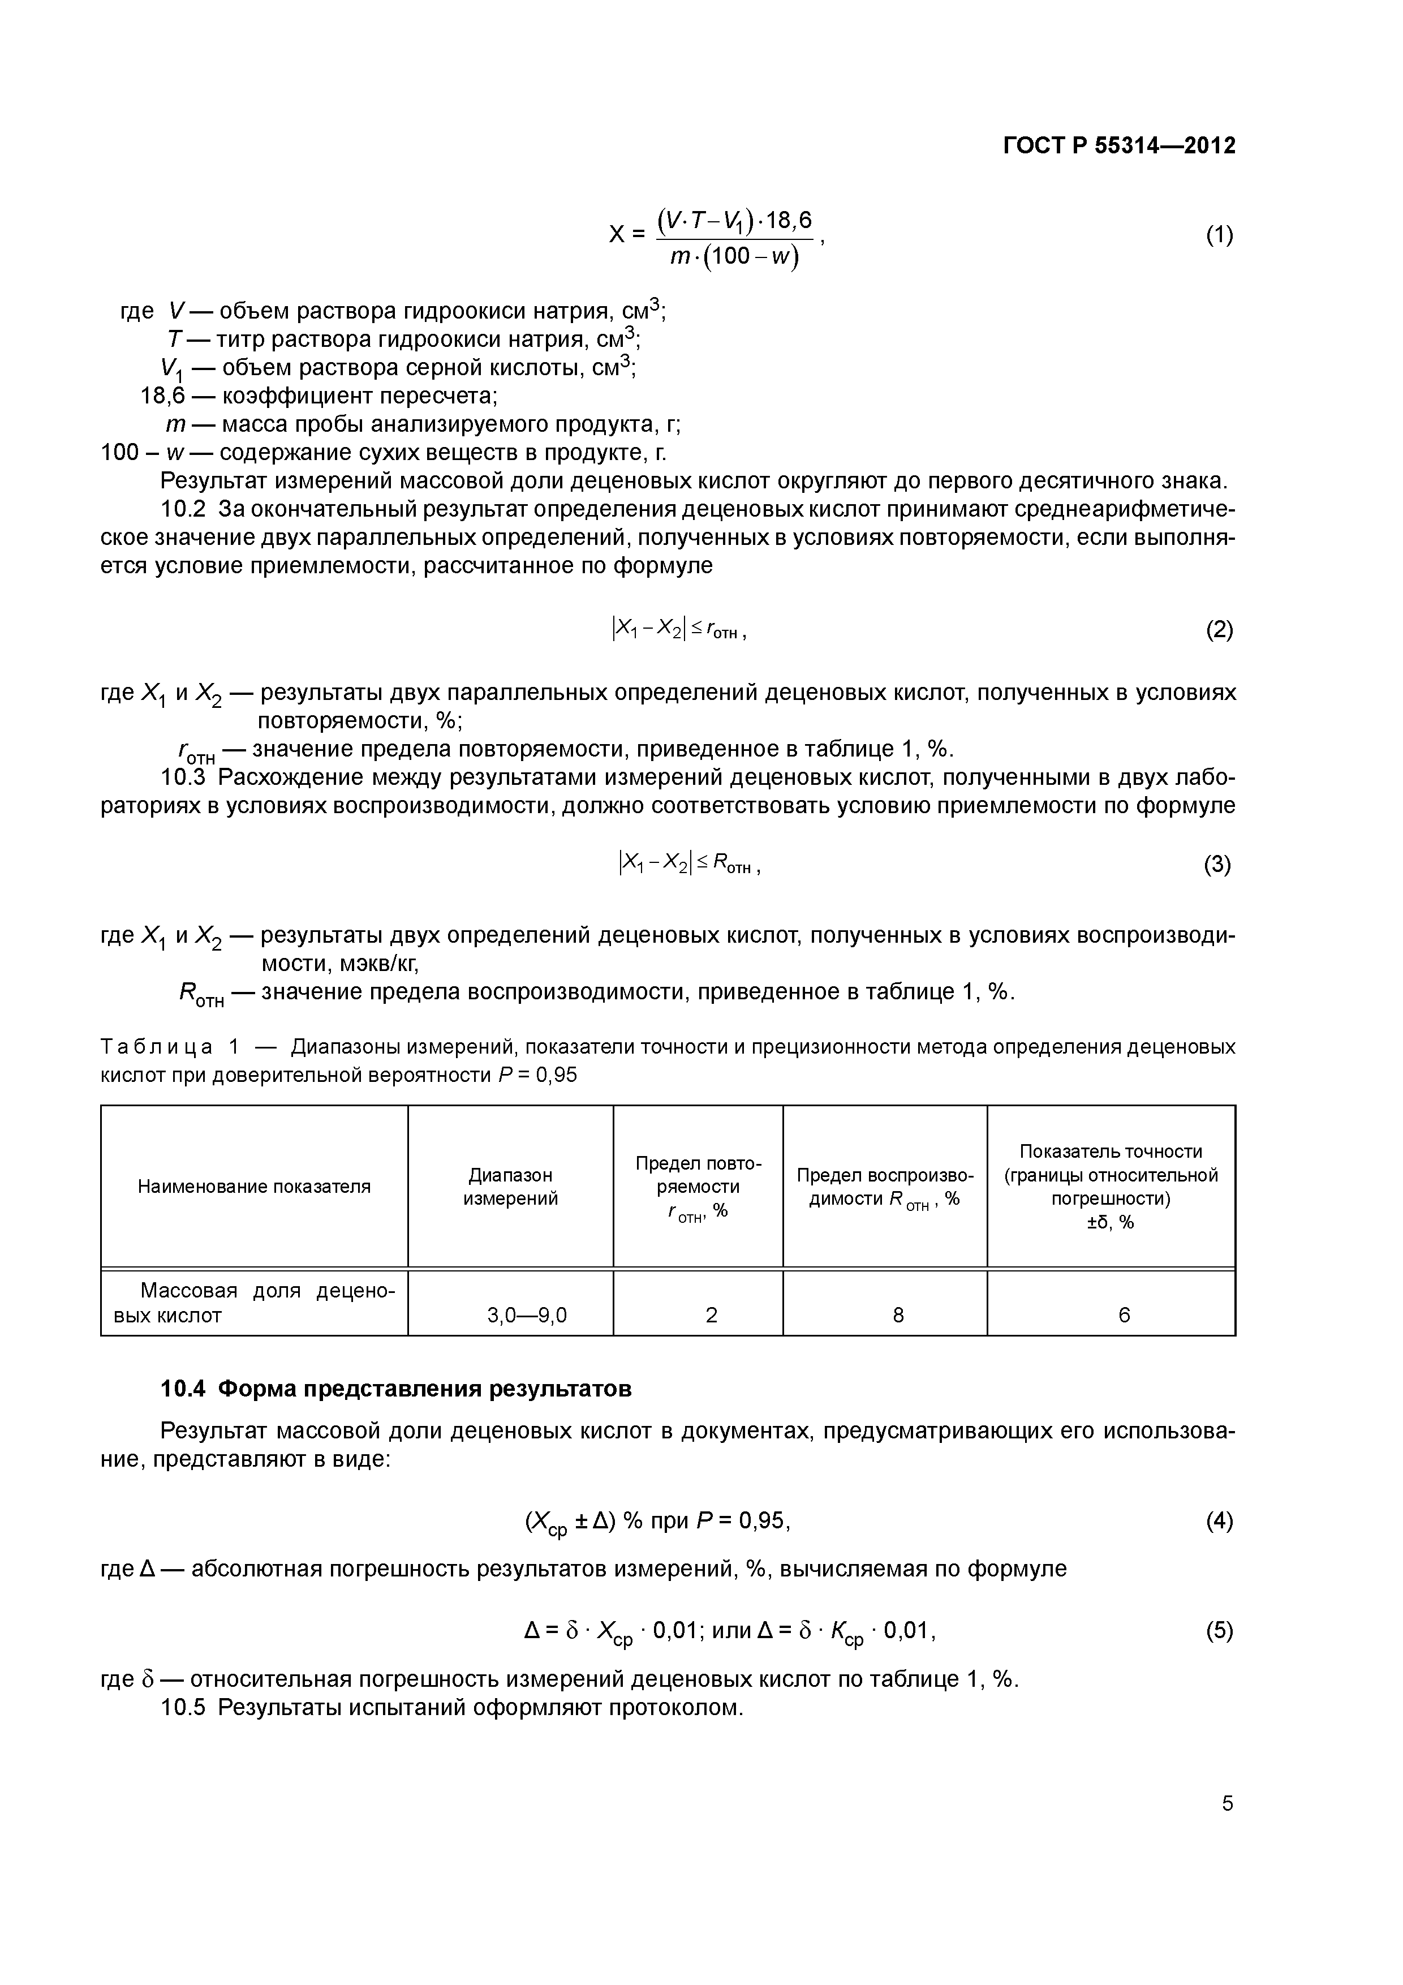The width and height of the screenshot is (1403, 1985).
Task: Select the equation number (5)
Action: (x=1219, y=1631)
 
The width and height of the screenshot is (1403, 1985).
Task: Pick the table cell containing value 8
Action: (x=898, y=1315)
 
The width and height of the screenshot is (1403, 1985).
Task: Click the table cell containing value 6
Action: (x=1124, y=1315)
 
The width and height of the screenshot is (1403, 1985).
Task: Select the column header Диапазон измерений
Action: (x=510, y=1186)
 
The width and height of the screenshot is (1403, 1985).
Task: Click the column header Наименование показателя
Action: (x=254, y=1186)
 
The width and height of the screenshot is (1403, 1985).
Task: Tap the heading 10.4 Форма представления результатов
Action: (x=396, y=1389)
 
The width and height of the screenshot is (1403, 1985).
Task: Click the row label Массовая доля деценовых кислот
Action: (x=254, y=1303)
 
